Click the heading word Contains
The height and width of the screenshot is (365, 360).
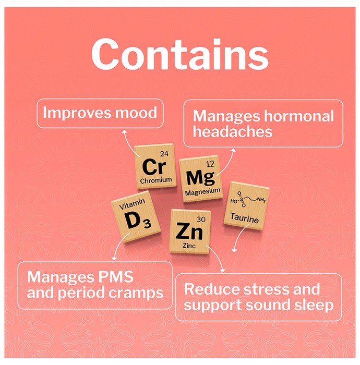180,54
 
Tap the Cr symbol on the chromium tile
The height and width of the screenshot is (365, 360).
154,166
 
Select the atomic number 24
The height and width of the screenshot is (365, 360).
164,153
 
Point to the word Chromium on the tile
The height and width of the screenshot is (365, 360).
156,180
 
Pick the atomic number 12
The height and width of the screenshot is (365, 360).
210,164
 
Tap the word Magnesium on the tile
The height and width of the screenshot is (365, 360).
202,192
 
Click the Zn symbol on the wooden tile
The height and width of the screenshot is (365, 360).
189,230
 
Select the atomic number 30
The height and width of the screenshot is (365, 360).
201,220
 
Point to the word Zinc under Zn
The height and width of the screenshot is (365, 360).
189,246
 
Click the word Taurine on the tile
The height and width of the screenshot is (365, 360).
244,218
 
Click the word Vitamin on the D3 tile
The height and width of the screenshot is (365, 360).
132,204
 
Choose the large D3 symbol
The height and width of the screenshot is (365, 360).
138,221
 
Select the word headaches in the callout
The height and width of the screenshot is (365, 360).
232,131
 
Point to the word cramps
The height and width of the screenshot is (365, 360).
136,294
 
